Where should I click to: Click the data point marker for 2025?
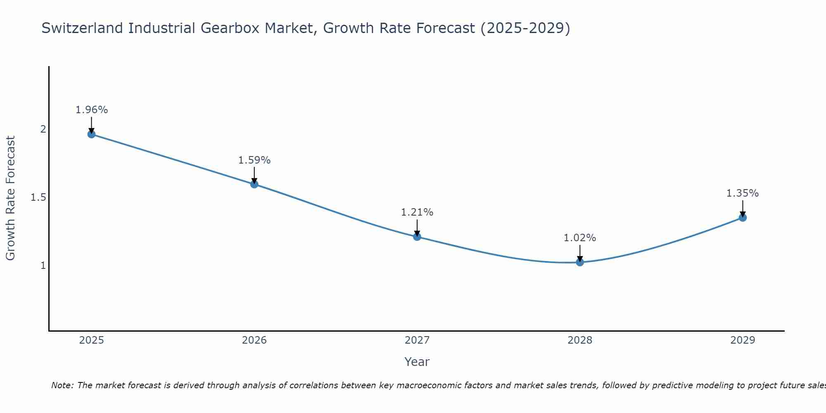92,134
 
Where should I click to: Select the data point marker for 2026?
254,184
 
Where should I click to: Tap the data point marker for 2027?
417,237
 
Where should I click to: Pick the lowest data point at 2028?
580,262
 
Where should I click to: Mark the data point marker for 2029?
743,218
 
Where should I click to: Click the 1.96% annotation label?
92,110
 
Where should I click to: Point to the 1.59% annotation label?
254,160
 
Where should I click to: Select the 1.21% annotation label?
417,212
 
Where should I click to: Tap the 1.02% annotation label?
580,238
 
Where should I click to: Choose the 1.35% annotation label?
743,193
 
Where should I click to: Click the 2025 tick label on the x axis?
92,340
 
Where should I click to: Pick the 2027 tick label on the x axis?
417,340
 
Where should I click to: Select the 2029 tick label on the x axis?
743,340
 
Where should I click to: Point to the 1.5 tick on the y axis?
38,197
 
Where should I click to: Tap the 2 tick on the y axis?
43,129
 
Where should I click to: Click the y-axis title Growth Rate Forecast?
10,198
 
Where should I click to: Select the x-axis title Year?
417,362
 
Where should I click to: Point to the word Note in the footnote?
62,385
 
